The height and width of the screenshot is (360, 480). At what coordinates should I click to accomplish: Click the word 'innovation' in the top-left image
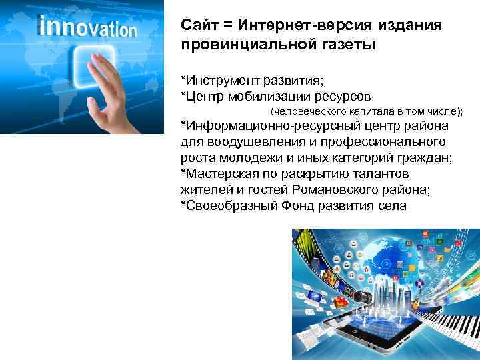click(88, 28)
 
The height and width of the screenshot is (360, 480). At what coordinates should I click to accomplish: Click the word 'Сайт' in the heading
click(198, 25)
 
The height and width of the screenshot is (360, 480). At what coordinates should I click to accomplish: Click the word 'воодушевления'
click(243, 142)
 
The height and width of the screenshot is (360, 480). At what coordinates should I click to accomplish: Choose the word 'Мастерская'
click(221, 174)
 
